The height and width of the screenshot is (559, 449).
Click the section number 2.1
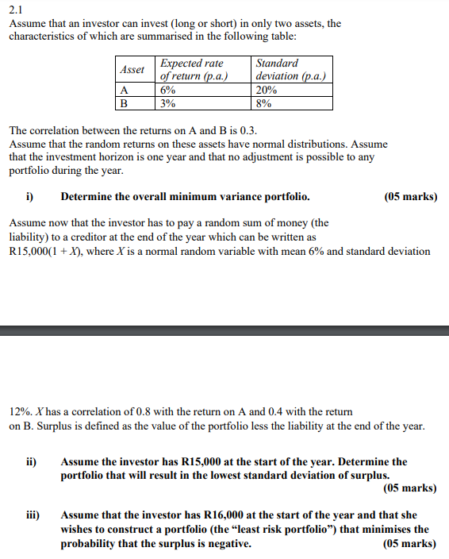15,10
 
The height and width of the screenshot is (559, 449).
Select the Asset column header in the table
132,69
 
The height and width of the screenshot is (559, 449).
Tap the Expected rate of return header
194,69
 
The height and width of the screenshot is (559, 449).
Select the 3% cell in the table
167,102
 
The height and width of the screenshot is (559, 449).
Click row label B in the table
123,102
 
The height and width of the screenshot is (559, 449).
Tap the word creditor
171,237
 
